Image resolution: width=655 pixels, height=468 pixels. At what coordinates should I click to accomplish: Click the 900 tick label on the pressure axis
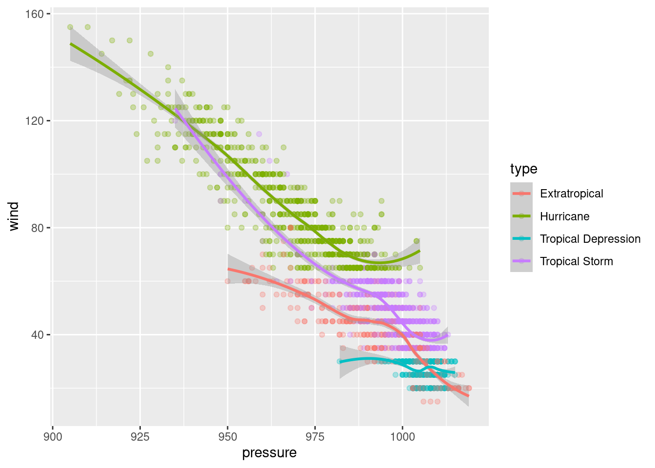click(x=53, y=437)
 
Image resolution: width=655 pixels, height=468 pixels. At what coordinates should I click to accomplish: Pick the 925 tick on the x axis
click(x=140, y=437)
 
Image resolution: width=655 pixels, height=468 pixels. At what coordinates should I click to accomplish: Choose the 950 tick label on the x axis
click(x=228, y=437)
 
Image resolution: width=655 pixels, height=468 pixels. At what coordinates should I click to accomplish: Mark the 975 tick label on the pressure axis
click(x=315, y=437)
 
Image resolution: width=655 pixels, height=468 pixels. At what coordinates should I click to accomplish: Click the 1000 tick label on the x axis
click(x=403, y=437)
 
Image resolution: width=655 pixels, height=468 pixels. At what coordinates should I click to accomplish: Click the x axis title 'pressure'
click(x=270, y=453)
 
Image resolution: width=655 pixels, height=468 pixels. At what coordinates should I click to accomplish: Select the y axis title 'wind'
click(x=14, y=216)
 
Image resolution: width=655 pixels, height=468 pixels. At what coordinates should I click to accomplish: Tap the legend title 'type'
click(x=523, y=169)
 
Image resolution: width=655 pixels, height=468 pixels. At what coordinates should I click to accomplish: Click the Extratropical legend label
click(x=571, y=194)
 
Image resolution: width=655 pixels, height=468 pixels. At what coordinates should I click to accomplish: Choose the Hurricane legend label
click(x=564, y=216)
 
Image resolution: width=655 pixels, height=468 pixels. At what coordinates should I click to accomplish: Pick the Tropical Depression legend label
click(x=590, y=239)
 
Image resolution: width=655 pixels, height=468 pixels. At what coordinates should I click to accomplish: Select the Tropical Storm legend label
click(x=576, y=261)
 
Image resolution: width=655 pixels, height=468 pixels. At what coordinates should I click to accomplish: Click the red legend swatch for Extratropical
click(x=521, y=194)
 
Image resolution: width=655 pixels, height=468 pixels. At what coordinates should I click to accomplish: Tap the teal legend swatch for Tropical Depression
click(x=521, y=239)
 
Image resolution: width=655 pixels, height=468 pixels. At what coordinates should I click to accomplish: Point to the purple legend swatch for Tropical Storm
click(x=521, y=261)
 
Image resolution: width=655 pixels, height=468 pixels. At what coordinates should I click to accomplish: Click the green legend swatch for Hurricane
click(x=521, y=216)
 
